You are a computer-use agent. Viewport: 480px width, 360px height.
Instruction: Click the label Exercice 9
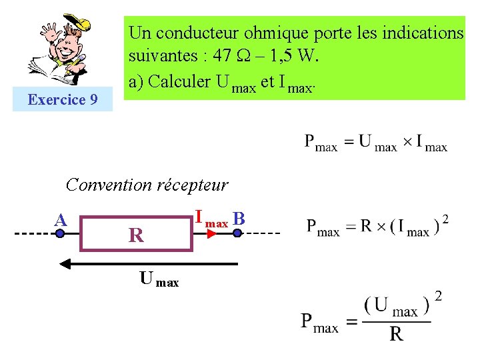[63, 100]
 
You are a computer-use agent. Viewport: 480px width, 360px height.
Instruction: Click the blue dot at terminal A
[60, 234]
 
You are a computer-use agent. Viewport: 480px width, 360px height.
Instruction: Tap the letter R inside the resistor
[136, 235]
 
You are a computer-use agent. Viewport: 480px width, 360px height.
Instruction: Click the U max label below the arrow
[159, 279]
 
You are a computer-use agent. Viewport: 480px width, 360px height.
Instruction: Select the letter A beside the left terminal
[61, 219]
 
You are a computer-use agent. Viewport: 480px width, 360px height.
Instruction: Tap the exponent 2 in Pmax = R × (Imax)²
[445, 219]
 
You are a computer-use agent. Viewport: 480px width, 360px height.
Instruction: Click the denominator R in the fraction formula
[396, 333]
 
